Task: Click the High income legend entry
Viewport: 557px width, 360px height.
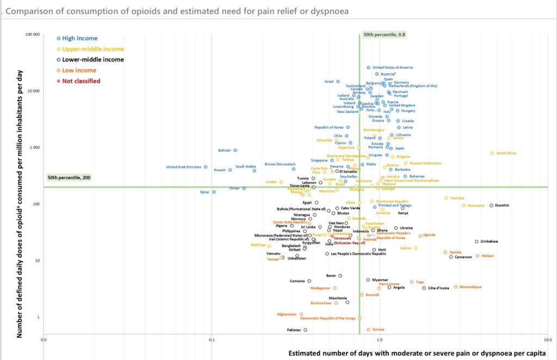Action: pos(79,38)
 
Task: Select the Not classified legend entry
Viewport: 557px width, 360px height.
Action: pos(81,81)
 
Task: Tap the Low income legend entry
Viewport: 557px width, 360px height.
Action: pos(79,70)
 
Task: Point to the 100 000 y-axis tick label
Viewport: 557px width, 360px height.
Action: pos(33,35)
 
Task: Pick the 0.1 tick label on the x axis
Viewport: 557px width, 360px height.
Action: pos(212,340)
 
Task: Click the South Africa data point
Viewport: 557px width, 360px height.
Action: pos(492,153)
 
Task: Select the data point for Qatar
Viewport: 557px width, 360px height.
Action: pos(214,192)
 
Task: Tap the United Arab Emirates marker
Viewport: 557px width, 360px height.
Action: pos(205,167)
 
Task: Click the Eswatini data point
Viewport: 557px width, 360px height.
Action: pos(491,206)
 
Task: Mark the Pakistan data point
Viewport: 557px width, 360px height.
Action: pos(305,330)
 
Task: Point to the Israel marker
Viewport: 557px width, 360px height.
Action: pos(338,82)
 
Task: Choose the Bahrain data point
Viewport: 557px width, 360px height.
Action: pos(235,150)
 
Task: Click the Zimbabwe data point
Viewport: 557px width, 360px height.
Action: pos(476,241)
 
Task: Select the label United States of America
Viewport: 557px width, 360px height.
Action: pos(393,67)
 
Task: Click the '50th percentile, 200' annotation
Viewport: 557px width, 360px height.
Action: pos(69,178)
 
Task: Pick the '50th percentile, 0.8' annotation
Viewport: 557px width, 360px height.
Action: pos(385,34)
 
